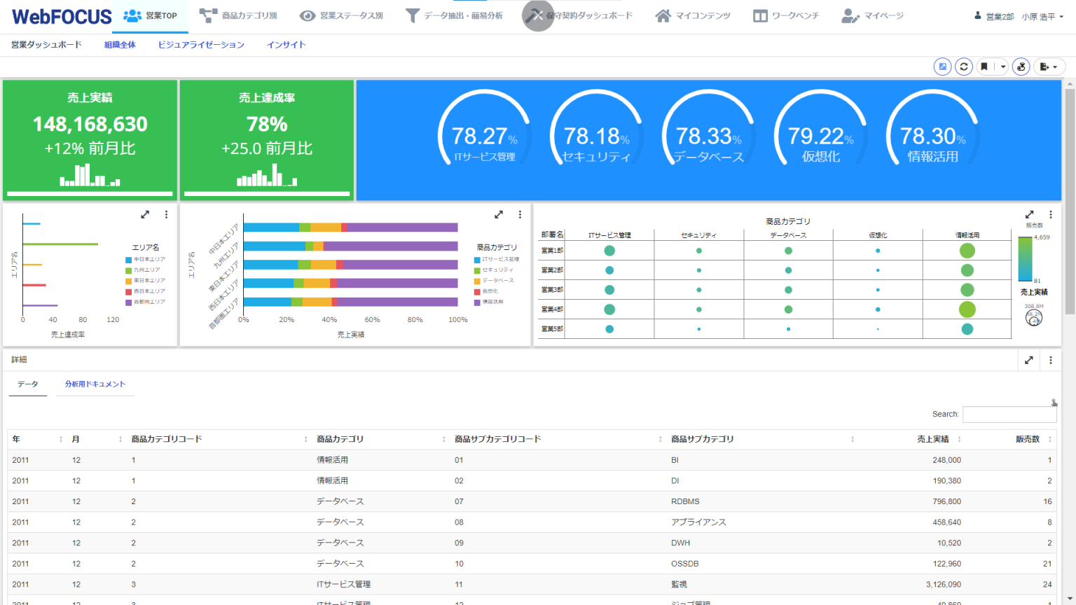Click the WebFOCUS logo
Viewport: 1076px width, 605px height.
point(62,16)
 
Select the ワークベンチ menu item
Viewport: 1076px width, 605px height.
point(786,15)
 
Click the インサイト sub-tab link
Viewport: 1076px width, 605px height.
point(286,45)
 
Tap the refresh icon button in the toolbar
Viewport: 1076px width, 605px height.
point(963,67)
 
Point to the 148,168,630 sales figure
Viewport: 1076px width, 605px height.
point(90,125)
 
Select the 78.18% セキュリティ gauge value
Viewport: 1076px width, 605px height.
point(593,136)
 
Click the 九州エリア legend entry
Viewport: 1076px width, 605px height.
point(146,270)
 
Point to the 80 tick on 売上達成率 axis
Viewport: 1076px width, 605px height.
point(83,320)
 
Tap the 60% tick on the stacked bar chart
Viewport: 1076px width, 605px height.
point(372,320)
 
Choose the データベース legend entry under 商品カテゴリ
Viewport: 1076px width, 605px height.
point(497,281)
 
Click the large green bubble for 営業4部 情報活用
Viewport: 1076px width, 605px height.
point(967,309)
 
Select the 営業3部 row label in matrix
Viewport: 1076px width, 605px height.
point(552,290)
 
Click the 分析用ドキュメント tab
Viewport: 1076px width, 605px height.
point(95,384)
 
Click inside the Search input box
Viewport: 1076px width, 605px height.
point(1009,415)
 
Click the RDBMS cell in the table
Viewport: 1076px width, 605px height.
point(685,501)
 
